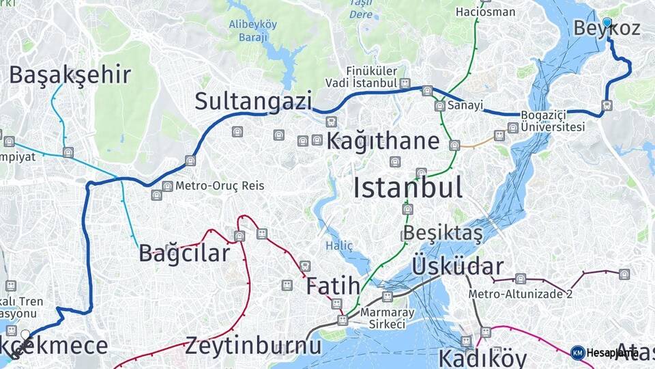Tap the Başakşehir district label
click(70, 75)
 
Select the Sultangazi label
click(253, 100)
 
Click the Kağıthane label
click(382, 141)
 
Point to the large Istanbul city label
click(408, 187)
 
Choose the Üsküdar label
click(458, 266)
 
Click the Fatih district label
click(332, 286)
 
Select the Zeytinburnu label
click(252, 345)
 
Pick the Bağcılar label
click(184, 254)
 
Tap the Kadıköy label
click(482, 357)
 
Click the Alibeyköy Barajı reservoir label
click(252, 31)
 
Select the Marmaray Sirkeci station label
click(388, 318)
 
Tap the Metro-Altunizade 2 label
click(520, 294)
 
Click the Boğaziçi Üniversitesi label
click(553, 121)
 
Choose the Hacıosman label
click(476, 12)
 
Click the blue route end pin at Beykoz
click(607, 23)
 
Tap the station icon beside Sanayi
click(439, 106)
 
